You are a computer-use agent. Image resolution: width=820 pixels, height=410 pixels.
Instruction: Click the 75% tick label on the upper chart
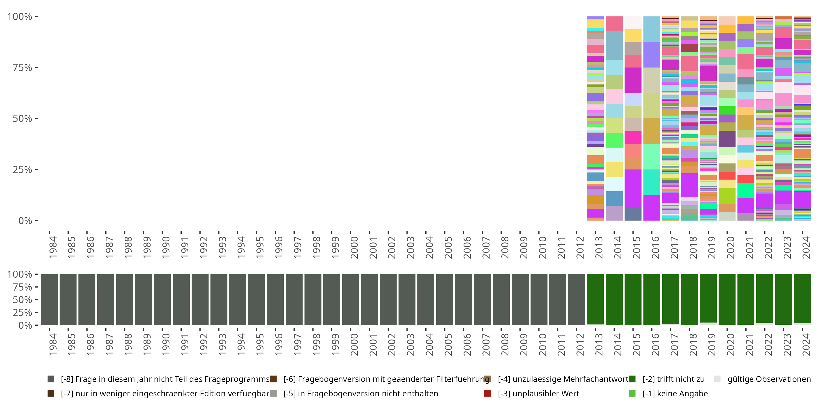[x=22, y=68]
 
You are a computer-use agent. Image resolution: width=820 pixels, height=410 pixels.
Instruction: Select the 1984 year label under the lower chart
[x=53, y=344]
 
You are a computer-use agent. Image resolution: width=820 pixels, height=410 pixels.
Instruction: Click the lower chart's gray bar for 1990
[x=162, y=300]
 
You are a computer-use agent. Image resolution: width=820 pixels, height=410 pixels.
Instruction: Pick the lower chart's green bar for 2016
[x=652, y=300]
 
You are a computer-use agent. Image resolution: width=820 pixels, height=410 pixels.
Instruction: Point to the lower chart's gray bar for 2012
[x=576, y=300]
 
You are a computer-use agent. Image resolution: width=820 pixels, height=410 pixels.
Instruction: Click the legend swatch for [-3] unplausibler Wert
[x=487, y=393]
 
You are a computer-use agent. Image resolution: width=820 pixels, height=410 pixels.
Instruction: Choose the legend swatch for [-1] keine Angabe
[x=632, y=393]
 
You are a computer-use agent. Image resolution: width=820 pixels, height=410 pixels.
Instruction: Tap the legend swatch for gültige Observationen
[x=717, y=379]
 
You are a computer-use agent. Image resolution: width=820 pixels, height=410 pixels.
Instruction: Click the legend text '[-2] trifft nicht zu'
[x=673, y=379]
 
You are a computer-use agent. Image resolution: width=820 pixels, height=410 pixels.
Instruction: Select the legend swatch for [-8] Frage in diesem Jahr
[x=51, y=379]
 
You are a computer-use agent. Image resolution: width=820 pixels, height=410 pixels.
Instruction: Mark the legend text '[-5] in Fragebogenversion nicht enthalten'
[x=361, y=393]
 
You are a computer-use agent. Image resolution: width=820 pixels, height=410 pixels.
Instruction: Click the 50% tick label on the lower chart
[x=22, y=300]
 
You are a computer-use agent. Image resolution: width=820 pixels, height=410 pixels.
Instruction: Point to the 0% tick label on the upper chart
[x=25, y=221]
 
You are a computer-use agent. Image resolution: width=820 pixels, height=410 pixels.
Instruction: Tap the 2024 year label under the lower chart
[x=806, y=344]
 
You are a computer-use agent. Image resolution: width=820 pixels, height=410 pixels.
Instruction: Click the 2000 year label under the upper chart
[x=354, y=247]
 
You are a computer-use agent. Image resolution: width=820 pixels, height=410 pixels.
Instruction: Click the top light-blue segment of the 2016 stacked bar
[x=652, y=29]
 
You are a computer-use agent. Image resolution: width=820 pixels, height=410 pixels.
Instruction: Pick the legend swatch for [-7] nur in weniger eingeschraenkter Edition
[x=51, y=393]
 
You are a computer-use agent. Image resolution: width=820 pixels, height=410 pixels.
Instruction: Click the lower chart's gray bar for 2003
[x=407, y=300]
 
